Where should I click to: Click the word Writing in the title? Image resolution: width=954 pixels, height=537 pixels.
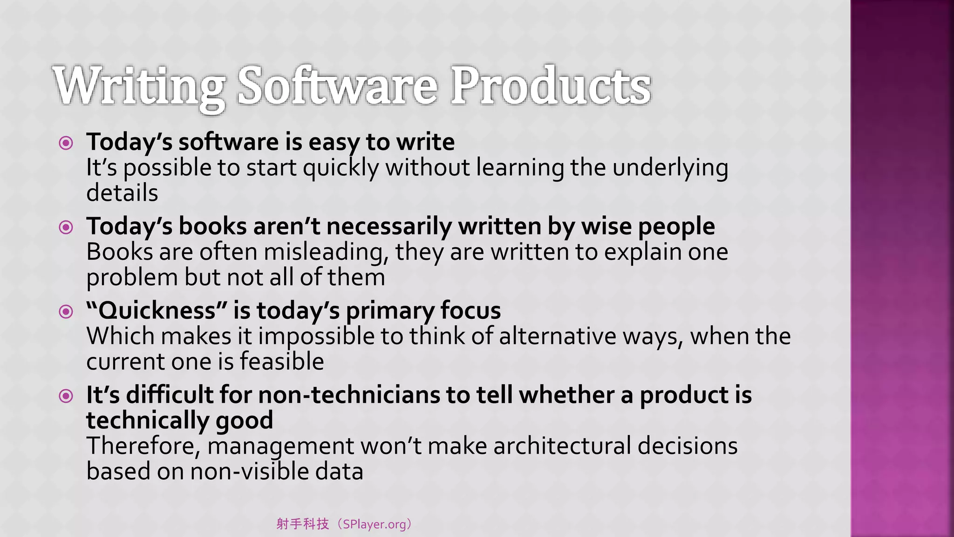tap(139, 87)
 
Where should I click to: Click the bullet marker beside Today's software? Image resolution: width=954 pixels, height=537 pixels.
tap(66, 143)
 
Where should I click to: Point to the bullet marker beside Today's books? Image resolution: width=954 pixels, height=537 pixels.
tap(66, 227)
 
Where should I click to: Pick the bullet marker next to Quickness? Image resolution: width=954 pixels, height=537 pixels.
tap(66, 311)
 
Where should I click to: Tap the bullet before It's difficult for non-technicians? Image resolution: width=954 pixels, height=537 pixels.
tap(66, 396)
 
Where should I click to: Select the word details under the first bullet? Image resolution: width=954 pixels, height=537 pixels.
tap(122, 193)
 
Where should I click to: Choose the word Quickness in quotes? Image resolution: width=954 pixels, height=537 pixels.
tap(157, 310)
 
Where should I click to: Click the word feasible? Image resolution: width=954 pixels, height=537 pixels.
tap(281, 361)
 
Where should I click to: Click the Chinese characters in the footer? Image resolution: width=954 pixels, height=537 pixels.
tap(303, 524)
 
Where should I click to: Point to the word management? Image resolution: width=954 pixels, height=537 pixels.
tap(280, 446)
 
